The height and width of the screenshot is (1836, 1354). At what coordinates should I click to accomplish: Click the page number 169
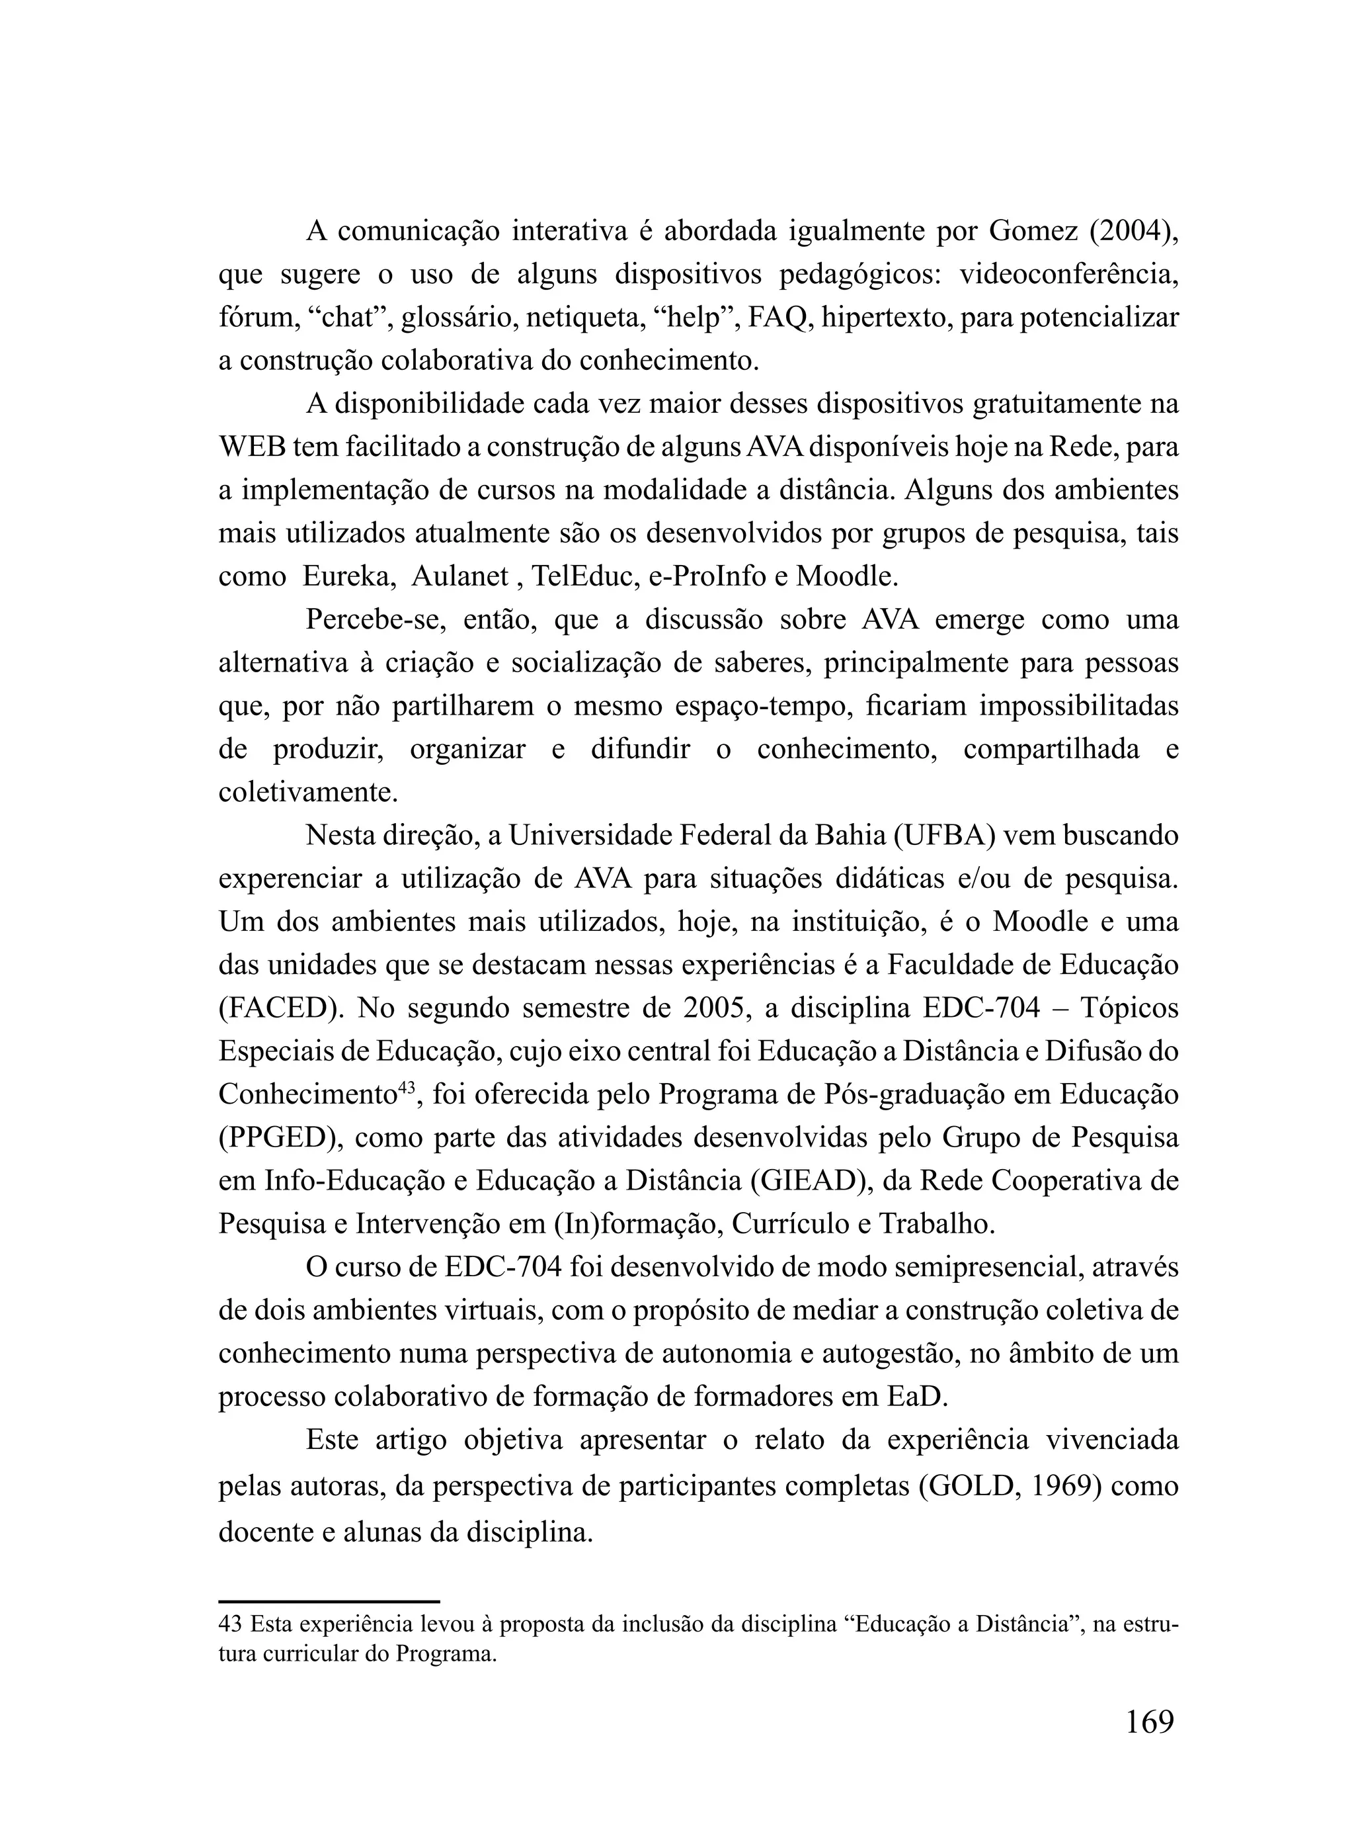coord(1150,1722)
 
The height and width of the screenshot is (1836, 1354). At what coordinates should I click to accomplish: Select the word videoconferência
coord(1069,275)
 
